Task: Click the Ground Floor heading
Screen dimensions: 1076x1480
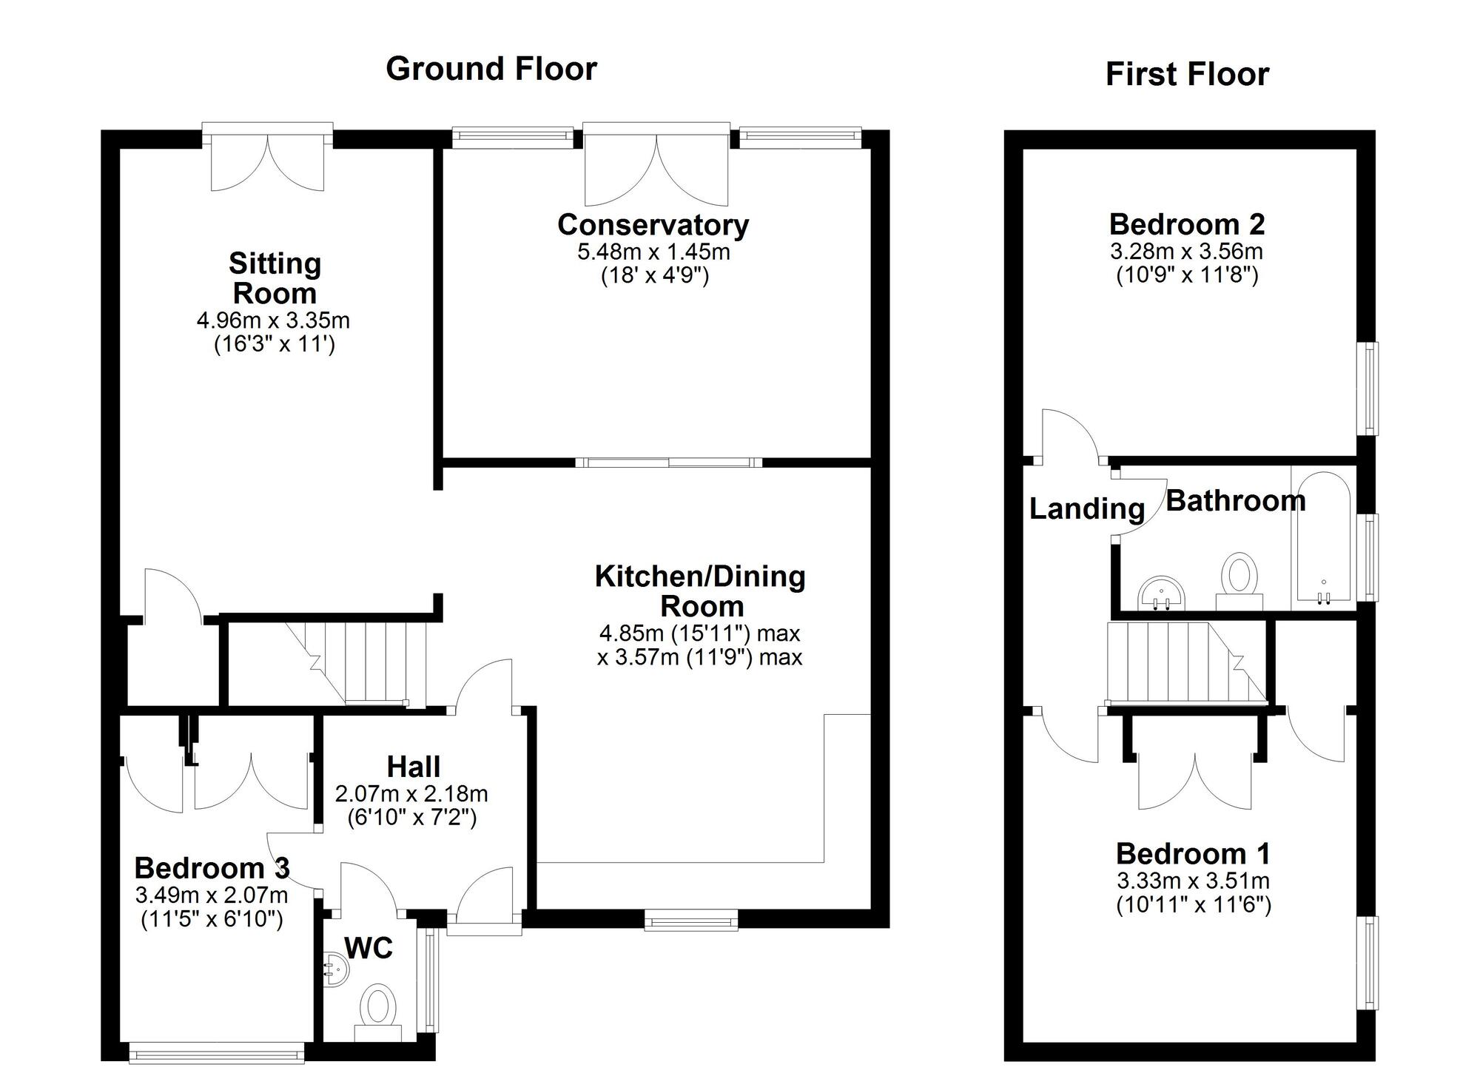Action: point(491,69)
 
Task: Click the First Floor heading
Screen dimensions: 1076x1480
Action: point(1186,74)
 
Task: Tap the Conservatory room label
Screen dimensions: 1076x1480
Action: point(653,224)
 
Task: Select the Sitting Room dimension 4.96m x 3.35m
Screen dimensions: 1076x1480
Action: point(273,320)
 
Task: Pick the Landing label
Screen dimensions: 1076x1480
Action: point(1086,508)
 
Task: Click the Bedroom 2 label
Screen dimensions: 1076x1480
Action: point(1186,223)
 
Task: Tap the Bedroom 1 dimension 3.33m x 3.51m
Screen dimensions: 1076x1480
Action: point(1193,881)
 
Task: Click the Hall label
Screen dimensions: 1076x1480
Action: point(414,767)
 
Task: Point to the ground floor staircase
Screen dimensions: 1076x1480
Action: point(355,662)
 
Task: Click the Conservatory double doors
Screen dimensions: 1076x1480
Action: point(656,167)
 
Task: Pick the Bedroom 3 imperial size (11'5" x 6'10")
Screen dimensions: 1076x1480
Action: point(212,919)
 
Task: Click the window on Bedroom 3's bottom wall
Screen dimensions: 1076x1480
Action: point(216,1051)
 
